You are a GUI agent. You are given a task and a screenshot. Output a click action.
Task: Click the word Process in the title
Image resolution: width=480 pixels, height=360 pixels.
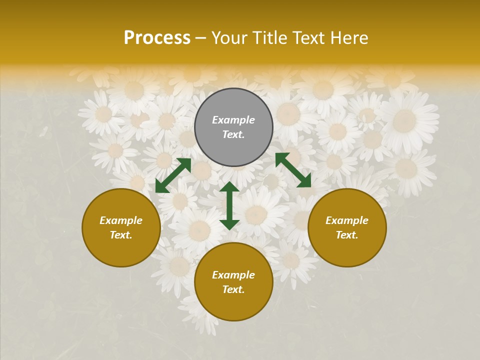(x=157, y=38)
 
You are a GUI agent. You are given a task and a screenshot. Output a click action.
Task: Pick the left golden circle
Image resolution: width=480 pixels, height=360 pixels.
(x=121, y=250)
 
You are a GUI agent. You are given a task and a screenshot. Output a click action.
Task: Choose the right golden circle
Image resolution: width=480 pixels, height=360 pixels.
(x=347, y=250)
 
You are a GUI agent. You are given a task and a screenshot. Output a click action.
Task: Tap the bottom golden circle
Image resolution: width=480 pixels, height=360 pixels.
(x=233, y=305)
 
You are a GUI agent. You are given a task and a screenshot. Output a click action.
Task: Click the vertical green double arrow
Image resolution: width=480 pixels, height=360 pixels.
(x=229, y=205)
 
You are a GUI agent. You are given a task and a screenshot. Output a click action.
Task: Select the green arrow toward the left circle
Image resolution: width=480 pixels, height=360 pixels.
(x=173, y=175)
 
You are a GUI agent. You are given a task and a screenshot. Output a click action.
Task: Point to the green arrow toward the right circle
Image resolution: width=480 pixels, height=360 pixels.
(x=293, y=170)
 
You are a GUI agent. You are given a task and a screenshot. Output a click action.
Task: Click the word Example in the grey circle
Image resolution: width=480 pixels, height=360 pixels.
(x=233, y=120)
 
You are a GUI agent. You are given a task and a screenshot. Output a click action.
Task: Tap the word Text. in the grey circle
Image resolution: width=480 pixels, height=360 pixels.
(x=233, y=134)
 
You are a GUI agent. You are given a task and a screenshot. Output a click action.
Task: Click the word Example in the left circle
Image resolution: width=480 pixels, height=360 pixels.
(x=121, y=220)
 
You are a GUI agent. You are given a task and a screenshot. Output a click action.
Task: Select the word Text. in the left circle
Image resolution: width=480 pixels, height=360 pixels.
(x=121, y=235)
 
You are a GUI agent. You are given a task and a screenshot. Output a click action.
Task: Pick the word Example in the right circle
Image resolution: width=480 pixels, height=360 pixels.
(x=347, y=220)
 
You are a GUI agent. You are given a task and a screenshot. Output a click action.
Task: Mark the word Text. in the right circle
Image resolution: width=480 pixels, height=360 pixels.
(x=347, y=235)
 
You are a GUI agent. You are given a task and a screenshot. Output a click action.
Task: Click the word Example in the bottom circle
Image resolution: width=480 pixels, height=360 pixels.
(x=233, y=275)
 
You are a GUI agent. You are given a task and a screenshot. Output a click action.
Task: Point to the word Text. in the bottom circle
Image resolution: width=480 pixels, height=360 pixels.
(x=233, y=289)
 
